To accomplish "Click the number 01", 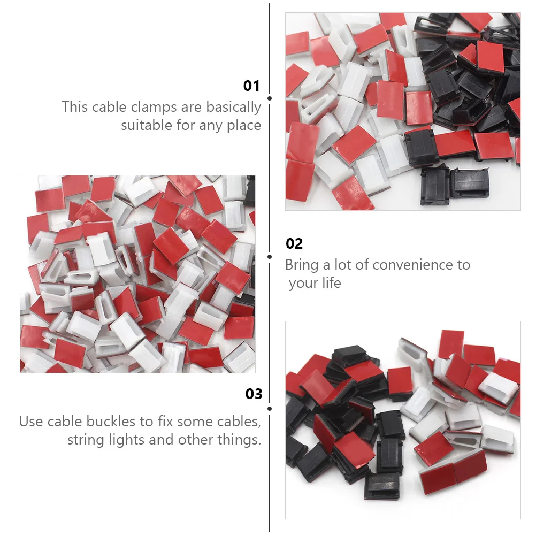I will click(251, 86).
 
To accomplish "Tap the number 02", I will click(294, 244).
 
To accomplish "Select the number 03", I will click(254, 394).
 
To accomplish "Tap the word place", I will click(242, 126).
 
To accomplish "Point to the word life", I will click(331, 283).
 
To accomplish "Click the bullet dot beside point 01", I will click(270, 98).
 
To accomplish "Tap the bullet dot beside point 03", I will click(270, 409).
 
